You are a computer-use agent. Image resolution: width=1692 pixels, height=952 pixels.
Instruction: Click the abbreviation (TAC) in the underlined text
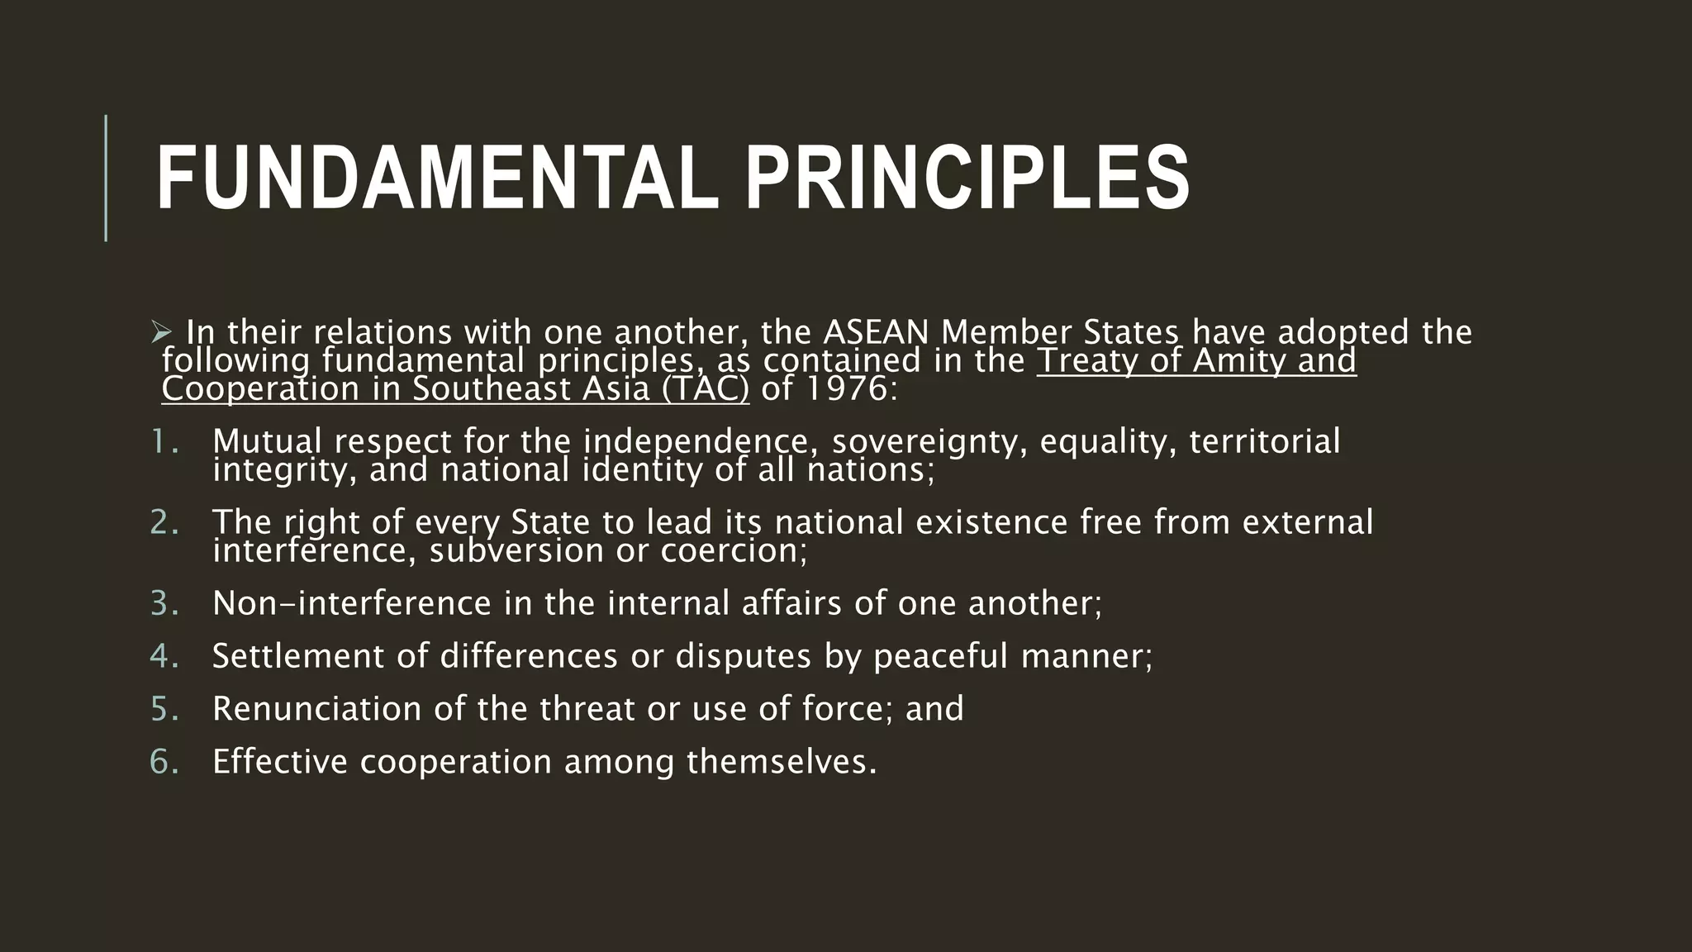click(705, 388)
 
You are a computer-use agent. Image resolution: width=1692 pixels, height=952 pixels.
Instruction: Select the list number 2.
click(164, 522)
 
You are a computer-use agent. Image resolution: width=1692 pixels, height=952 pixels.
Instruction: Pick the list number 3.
click(164, 603)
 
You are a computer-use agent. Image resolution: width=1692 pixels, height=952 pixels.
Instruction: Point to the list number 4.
click(164, 656)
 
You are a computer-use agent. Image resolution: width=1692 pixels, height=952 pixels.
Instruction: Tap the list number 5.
click(164, 709)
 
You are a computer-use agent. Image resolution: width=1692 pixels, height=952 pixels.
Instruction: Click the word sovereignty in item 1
click(929, 441)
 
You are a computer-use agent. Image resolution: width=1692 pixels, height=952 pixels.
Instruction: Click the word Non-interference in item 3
click(352, 603)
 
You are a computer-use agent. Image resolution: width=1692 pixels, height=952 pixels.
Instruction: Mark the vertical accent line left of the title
click(106, 178)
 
